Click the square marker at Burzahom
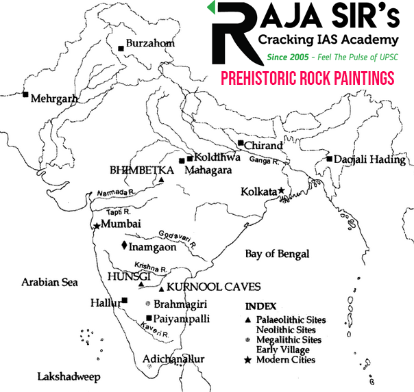[121, 48]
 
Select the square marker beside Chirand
[241, 143]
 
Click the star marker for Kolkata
[281, 192]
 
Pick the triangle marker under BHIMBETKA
[162, 181]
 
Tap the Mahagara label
[208, 170]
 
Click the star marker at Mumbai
[97, 225]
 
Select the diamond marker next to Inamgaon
[124, 245]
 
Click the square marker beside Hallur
[124, 300]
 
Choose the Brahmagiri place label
[180, 303]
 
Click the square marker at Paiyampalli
[149, 317]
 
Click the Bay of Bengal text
[277, 254]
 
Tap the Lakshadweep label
[69, 376]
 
